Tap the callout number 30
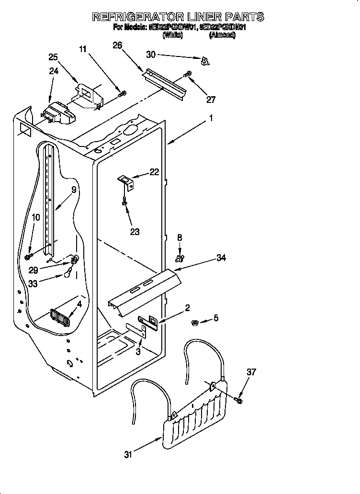(151, 55)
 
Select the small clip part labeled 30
(205, 60)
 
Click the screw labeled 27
(188, 74)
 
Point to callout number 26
(117, 45)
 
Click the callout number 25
(54, 57)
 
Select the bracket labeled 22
(126, 180)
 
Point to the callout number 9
(74, 190)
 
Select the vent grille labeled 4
(60, 317)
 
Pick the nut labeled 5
(195, 321)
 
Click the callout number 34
(221, 258)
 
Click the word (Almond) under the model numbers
(222, 35)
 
